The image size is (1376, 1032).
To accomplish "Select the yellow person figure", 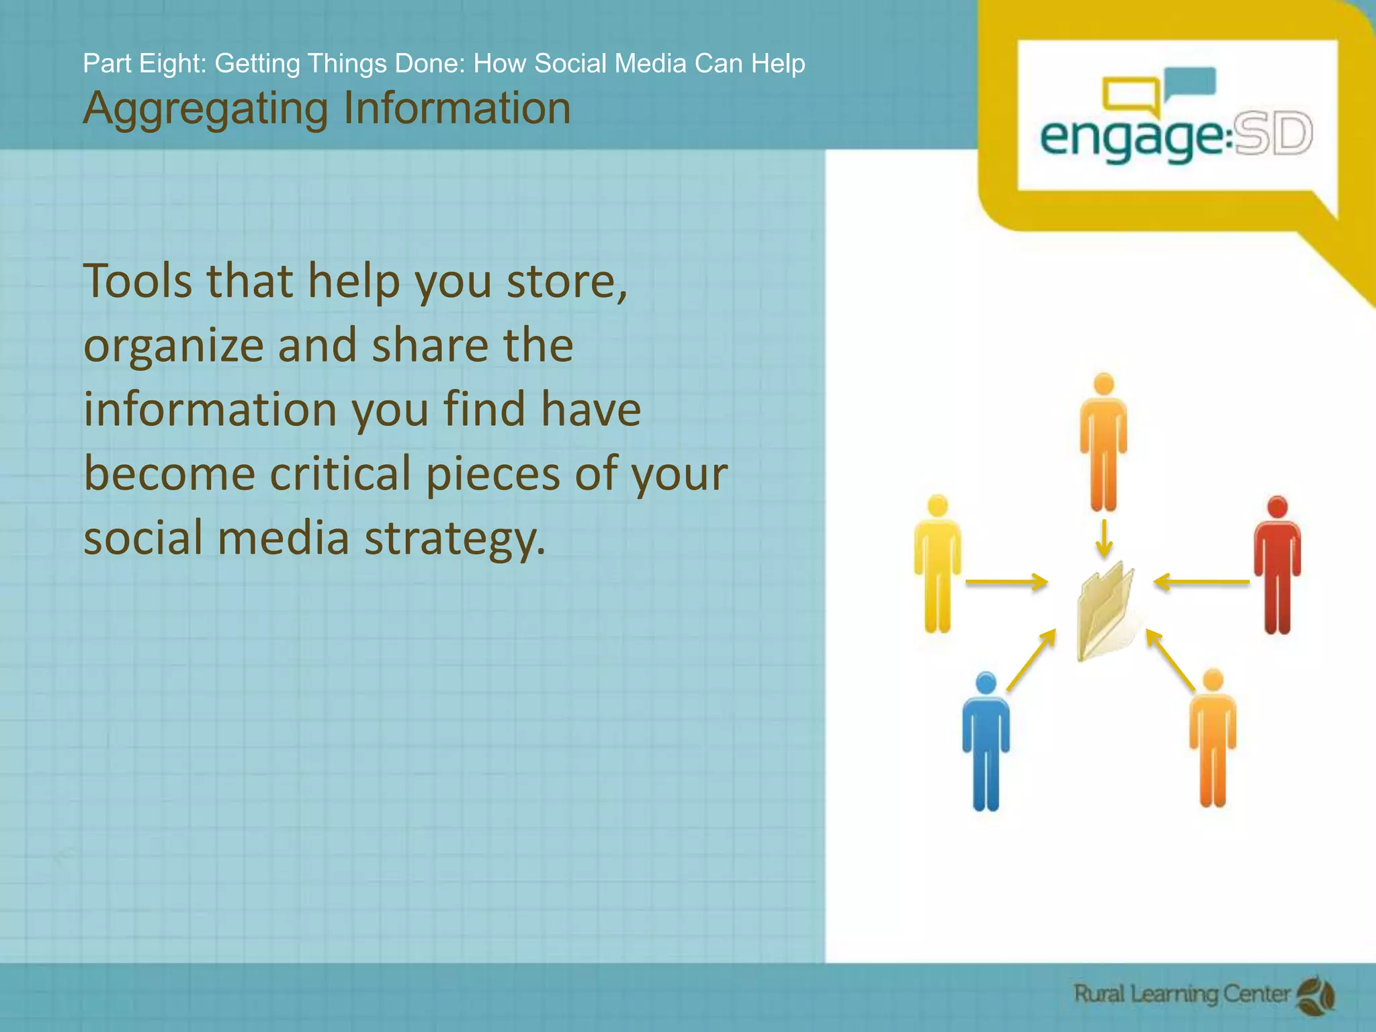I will tap(937, 564).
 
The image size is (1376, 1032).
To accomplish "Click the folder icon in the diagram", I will tap(1105, 611).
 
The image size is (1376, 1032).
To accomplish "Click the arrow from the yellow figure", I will tap(1006, 582).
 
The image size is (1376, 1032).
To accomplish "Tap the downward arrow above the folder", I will tap(1104, 537).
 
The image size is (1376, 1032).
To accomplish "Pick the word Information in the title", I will tap(457, 108).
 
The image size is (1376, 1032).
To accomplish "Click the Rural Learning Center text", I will tap(1182, 994).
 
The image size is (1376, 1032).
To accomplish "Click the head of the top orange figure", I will tap(1104, 385).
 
